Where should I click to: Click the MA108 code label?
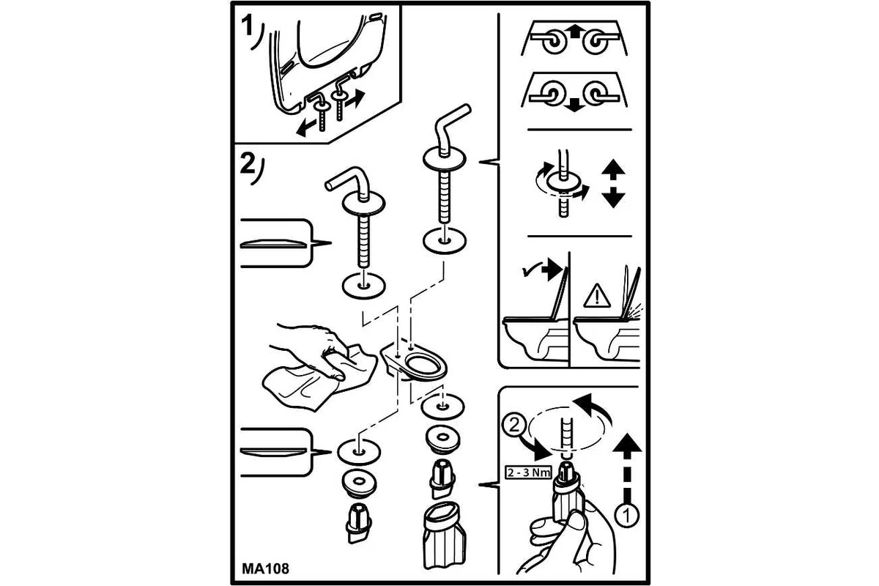pyautogui.click(x=265, y=568)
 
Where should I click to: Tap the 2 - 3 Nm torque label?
pyautogui.click(x=528, y=472)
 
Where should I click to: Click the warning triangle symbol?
pyautogui.click(x=596, y=296)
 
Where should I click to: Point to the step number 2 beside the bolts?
pyautogui.click(x=248, y=165)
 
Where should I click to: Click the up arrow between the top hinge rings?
pyautogui.click(x=574, y=31)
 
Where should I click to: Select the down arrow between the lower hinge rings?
pyautogui.click(x=574, y=105)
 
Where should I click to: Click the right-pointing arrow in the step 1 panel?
pyautogui.click(x=355, y=98)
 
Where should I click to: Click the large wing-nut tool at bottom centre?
pyautogui.click(x=445, y=535)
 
